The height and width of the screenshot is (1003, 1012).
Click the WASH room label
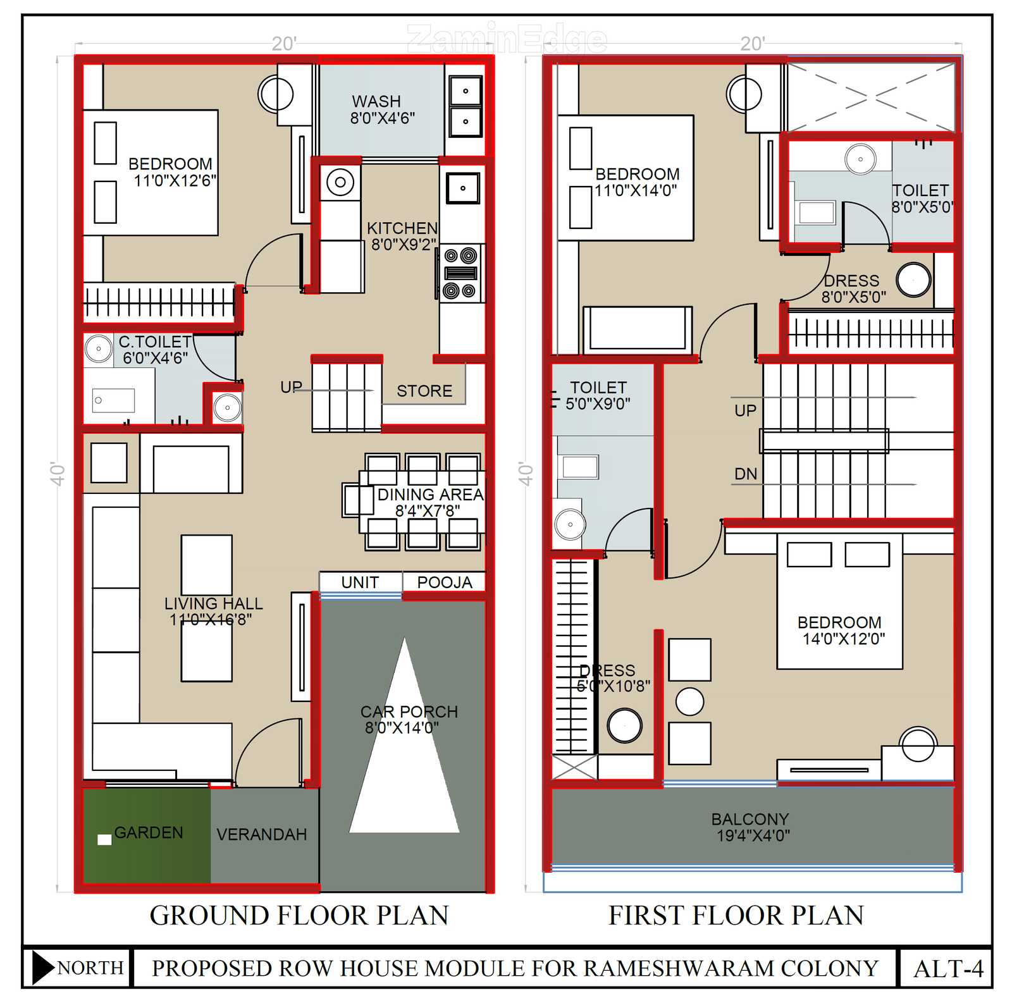pyautogui.click(x=376, y=101)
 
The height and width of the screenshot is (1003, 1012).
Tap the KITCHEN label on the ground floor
pyautogui.click(x=402, y=228)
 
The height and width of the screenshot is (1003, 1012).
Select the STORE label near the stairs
pyautogui.click(x=424, y=391)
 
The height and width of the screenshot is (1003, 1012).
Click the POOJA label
pyautogui.click(x=445, y=582)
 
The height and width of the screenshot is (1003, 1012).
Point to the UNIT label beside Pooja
pyautogui.click(x=360, y=582)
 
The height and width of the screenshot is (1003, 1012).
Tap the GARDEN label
pyautogui.click(x=149, y=833)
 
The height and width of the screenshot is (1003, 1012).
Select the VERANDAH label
pyautogui.click(x=262, y=835)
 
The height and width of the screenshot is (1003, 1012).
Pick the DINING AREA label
pyautogui.click(x=431, y=495)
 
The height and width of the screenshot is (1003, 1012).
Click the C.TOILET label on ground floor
pyautogui.click(x=155, y=342)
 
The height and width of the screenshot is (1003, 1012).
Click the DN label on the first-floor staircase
pyautogui.click(x=746, y=474)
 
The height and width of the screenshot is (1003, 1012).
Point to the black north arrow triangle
pyautogui.click(x=43, y=968)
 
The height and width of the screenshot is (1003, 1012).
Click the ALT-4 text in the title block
pyautogui.click(x=949, y=969)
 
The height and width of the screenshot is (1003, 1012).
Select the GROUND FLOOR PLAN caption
pyautogui.click(x=299, y=916)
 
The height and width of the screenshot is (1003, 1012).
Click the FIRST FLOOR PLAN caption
pyautogui.click(x=736, y=916)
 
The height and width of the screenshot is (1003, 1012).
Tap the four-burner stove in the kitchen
pyautogui.click(x=460, y=273)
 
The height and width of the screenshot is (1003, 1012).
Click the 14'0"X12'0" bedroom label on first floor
pyautogui.click(x=844, y=639)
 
